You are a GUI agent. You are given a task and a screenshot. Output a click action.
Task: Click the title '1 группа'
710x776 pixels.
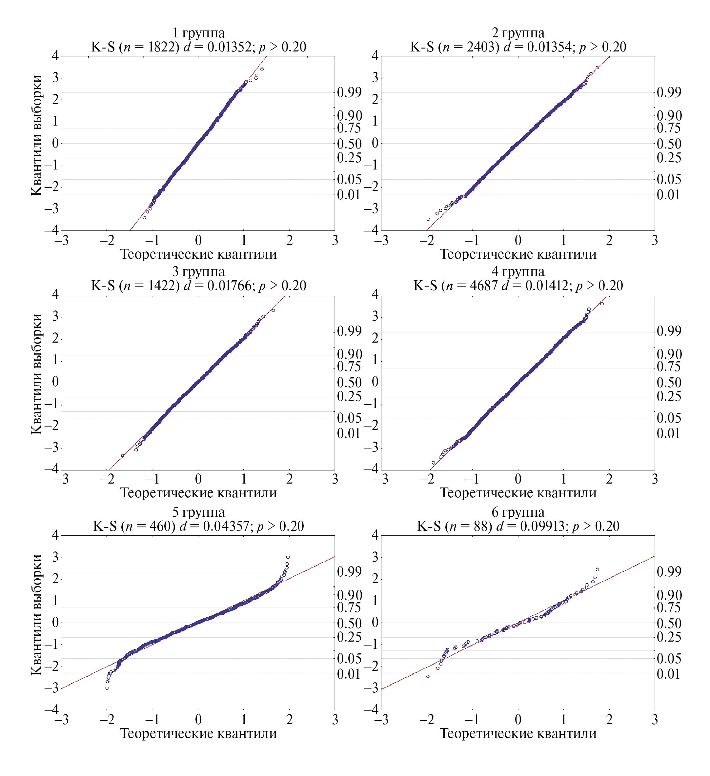click(x=198, y=33)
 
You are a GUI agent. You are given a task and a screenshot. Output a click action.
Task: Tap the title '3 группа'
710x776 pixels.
click(x=198, y=272)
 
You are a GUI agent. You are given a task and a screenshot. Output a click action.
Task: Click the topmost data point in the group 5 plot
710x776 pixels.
click(x=288, y=557)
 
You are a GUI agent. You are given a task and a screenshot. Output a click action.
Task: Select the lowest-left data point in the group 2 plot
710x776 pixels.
click(x=428, y=219)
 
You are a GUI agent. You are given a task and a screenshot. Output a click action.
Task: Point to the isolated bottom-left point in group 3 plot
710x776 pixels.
click(x=122, y=456)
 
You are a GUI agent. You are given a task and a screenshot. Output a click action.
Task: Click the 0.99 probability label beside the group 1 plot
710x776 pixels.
click(x=349, y=92)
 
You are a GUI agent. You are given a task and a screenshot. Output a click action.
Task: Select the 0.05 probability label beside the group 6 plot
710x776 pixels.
click(x=669, y=659)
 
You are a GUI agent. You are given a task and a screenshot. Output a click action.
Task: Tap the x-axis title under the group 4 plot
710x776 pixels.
click(x=518, y=493)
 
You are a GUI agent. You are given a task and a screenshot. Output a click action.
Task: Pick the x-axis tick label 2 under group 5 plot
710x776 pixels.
click(x=290, y=719)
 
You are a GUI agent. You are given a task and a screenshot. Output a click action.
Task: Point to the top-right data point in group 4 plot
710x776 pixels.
click(x=602, y=304)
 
